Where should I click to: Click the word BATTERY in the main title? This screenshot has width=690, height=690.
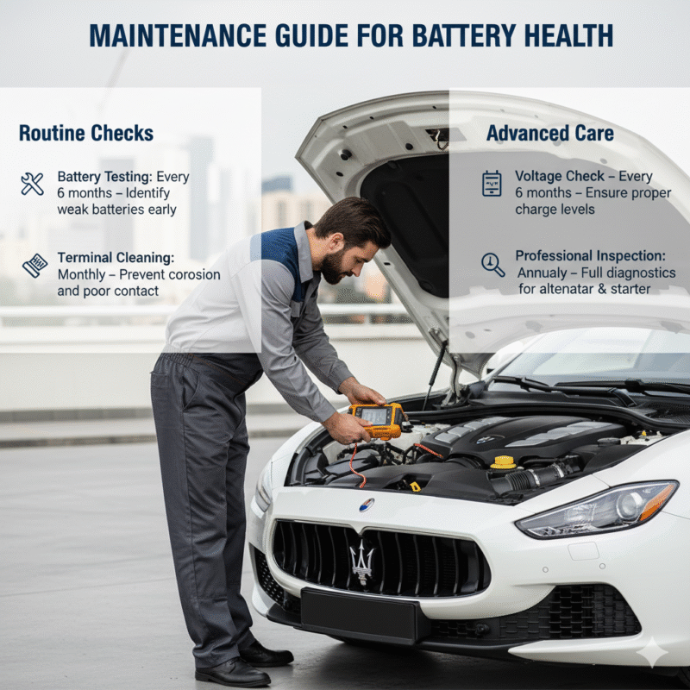(461, 36)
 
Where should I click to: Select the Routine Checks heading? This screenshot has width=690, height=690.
(86, 133)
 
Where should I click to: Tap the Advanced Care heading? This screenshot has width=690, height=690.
(550, 133)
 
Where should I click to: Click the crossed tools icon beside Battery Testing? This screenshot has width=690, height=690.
(32, 183)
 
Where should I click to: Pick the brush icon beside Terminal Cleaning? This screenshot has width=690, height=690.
(34, 265)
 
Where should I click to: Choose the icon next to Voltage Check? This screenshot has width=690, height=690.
(492, 183)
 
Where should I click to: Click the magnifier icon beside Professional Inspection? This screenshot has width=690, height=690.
(493, 264)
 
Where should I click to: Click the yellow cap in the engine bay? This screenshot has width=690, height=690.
(503, 462)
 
